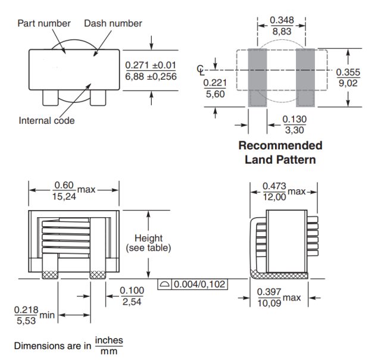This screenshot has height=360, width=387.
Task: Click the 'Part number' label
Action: [x=44, y=23]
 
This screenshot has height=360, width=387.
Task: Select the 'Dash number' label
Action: [x=113, y=23]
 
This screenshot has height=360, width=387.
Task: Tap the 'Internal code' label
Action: [x=47, y=121]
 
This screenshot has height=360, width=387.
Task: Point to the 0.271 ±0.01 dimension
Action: [x=151, y=65]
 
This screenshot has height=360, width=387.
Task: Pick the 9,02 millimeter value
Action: [x=348, y=84]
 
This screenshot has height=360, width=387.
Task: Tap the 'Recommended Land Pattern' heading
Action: [x=280, y=152]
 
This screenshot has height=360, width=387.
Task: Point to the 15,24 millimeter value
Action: [x=65, y=197]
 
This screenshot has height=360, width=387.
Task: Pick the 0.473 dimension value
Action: [x=274, y=187]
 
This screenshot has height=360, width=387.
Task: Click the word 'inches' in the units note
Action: [x=108, y=341]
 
